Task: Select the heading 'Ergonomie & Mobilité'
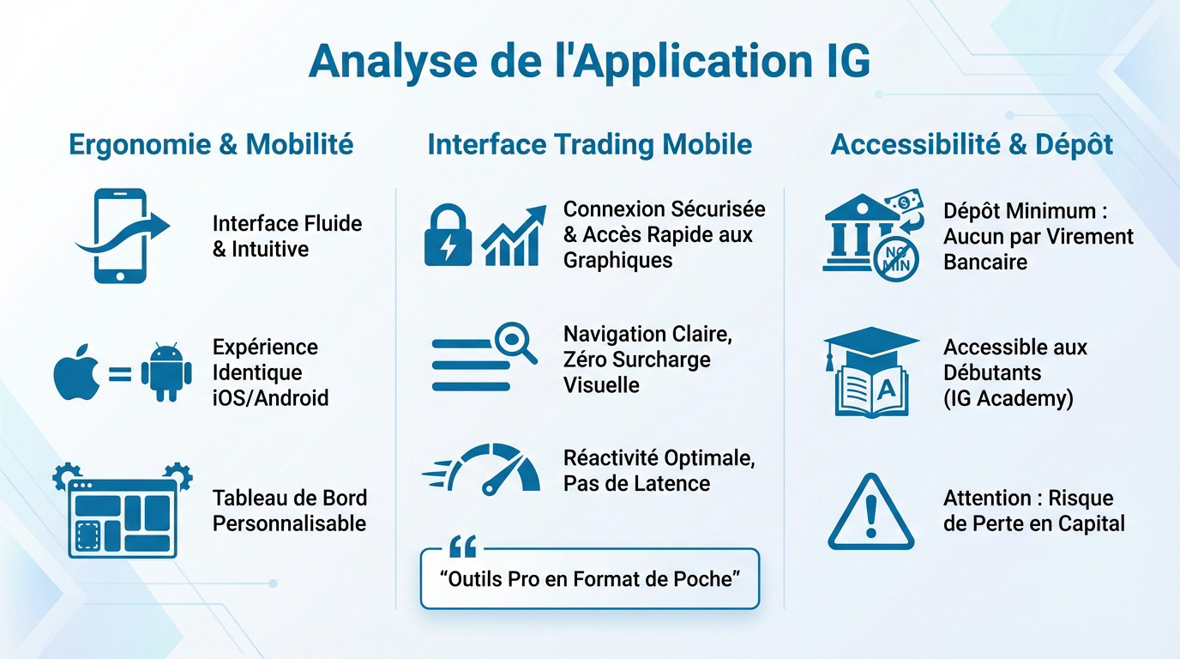click(211, 144)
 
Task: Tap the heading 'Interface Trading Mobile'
click(589, 144)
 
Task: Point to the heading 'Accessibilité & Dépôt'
click(972, 144)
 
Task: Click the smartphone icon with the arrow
click(121, 236)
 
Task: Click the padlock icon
click(449, 234)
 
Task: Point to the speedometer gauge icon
click(495, 469)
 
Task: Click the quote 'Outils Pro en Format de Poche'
click(589, 578)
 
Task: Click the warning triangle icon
click(871, 512)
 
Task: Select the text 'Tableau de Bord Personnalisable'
click(289, 511)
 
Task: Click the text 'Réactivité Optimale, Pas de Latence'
click(659, 470)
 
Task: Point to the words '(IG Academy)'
click(1008, 398)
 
